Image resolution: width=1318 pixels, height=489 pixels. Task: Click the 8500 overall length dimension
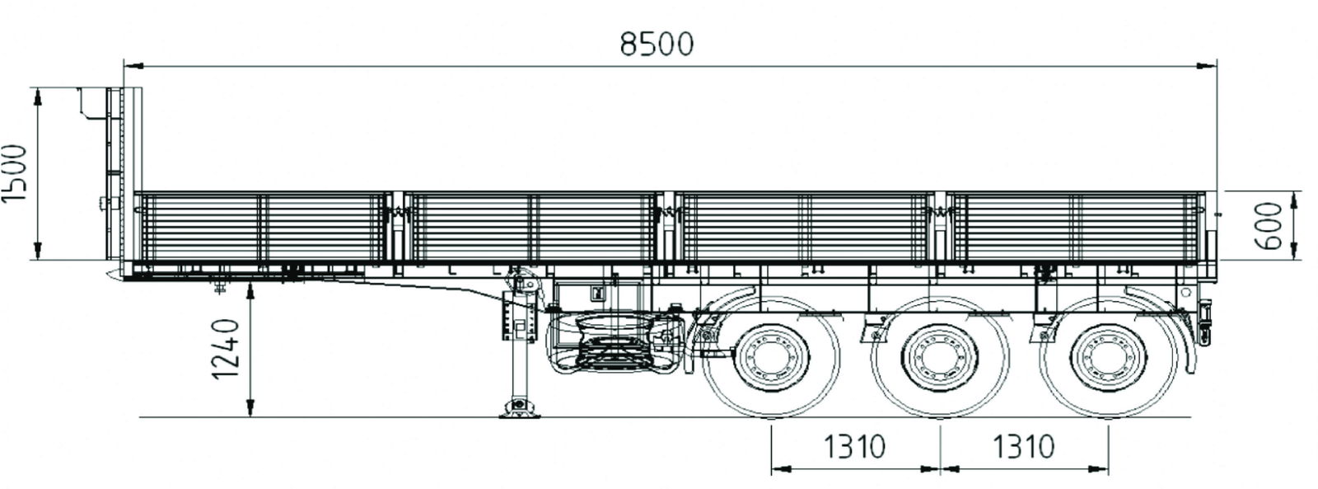[x=657, y=44]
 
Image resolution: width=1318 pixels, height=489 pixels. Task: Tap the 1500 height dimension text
[x=16, y=174]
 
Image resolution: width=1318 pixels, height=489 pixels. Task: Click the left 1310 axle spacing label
[x=853, y=446]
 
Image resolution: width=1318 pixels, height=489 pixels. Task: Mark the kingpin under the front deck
[x=221, y=285]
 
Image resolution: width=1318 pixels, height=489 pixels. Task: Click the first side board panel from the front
[x=262, y=227]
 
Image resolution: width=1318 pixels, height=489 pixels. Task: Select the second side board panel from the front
[x=534, y=227]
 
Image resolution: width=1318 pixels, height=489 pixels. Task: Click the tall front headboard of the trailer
[x=115, y=173]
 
